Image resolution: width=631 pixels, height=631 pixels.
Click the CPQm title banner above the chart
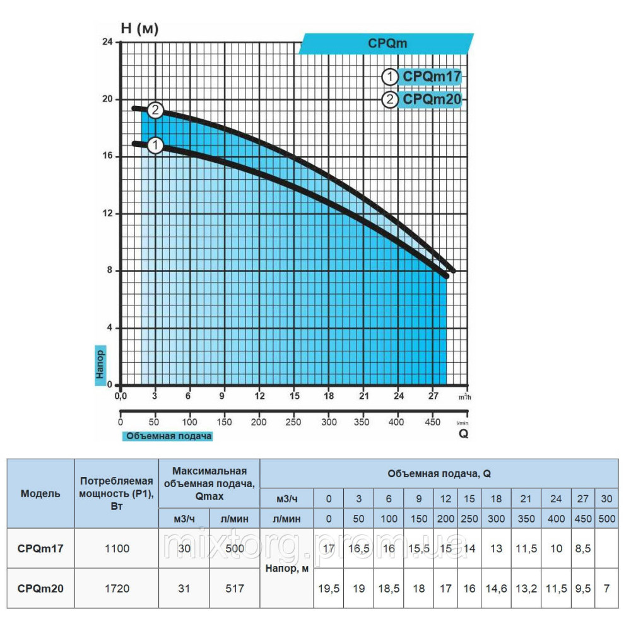(x=387, y=44)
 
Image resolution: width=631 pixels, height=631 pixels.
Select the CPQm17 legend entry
(x=432, y=77)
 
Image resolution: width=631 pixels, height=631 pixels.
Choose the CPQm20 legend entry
(x=432, y=99)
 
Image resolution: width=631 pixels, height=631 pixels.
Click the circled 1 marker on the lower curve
(x=156, y=145)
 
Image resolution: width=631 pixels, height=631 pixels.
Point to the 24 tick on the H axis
(x=108, y=42)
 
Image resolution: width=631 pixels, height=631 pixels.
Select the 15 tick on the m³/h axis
(x=294, y=396)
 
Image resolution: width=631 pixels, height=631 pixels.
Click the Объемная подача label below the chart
(x=169, y=435)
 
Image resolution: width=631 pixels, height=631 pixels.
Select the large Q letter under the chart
(x=463, y=434)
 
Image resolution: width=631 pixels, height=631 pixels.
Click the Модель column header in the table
(x=40, y=493)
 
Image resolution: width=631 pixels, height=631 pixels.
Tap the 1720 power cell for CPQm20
(x=117, y=588)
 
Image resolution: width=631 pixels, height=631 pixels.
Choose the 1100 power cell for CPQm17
(x=117, y=548)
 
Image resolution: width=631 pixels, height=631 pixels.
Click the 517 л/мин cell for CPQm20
(x=234, y=588)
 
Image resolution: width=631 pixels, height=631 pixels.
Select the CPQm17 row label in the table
(x=40, y=548)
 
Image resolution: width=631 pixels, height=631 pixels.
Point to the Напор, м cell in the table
(x=286, y=569)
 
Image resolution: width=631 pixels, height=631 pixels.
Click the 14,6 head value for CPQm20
(x=497, y=588)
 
